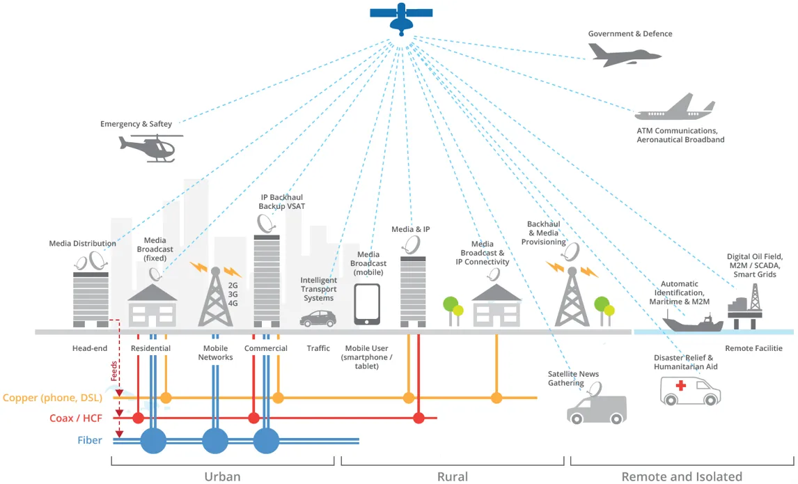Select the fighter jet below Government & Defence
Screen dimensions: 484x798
click(x=620, y=54)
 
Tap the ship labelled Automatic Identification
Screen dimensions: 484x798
click(x=692, y=322)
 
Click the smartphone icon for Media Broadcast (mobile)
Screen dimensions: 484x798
click(x=367, y=304)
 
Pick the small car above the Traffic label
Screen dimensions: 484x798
click(x=318, y=319)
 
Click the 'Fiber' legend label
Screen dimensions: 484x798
click(x=90, y=440)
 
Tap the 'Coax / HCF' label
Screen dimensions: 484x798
click(x=76, y=419)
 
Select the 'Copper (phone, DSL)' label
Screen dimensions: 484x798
click(x=53, y=398)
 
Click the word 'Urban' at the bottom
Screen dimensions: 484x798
click(x=222, y=477)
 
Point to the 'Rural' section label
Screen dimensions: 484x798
click(x=452, y=477)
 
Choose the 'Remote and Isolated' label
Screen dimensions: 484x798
click(x=682, y=477)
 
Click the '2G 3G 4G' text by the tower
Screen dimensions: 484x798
click(x=233, y=294)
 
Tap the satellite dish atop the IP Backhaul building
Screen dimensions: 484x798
click(x=266, y=223)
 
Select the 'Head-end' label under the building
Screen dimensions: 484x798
click(x=89, y=348)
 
